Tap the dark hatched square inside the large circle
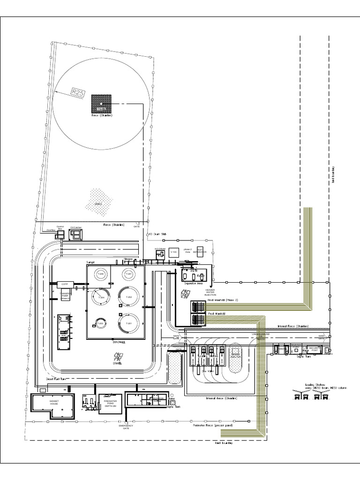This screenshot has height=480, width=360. coord(102,103)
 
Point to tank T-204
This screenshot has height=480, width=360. coord(100,296)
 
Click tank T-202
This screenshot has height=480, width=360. coord(129,296)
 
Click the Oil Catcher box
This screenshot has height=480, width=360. coord(75,233)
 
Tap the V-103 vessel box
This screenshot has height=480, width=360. coord(173,252)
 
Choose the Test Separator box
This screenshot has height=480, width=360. coord(201,252)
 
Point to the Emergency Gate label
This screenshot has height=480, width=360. coord(126,427)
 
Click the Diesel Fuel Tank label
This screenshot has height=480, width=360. coord(55,379)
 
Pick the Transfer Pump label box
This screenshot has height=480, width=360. coord(65,296)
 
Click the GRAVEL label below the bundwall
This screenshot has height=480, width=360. coord(117,363)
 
